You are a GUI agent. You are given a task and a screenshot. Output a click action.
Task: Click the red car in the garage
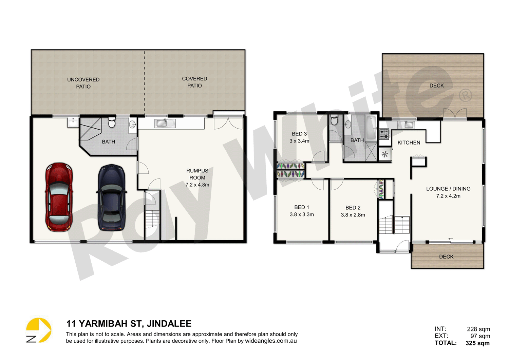(x=59, y=197)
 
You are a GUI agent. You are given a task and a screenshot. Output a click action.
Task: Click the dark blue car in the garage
(x=112, y=197)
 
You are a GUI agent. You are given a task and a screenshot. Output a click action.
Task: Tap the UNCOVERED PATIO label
(x=83, y=83)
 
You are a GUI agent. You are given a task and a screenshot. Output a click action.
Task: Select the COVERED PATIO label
(x=194, y=82)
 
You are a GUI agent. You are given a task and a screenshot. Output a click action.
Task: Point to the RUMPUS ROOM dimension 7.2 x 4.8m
(x=197, y=185)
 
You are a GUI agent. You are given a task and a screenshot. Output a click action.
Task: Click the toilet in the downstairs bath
(x=112, y=122)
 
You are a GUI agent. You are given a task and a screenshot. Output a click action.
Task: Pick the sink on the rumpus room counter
(x=165, y=123)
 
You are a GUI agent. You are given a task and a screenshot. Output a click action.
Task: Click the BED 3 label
(x=299, y=134)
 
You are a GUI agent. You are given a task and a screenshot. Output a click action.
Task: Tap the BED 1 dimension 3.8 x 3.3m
(x=302, y=214)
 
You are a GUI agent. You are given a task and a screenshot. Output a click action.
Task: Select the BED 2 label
(x=353, y=208)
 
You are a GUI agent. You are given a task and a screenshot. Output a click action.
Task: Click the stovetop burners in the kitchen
(x=384, y=134)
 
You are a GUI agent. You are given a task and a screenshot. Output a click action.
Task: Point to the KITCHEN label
(x=409, y=143)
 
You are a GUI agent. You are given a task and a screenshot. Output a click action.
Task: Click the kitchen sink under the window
(x=409, y=125)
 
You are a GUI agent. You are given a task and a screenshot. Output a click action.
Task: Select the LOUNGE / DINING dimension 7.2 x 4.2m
(x=448, y=196)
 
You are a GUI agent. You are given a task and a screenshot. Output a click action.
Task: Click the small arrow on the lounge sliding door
(x=451, y=239)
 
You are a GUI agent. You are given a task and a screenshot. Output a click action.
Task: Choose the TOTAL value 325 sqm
(x=477, y=343)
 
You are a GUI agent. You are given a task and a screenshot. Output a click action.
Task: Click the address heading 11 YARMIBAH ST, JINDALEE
(x=129, y=324)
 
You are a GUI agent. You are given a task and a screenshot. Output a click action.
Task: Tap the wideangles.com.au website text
(x=271, y=341)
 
